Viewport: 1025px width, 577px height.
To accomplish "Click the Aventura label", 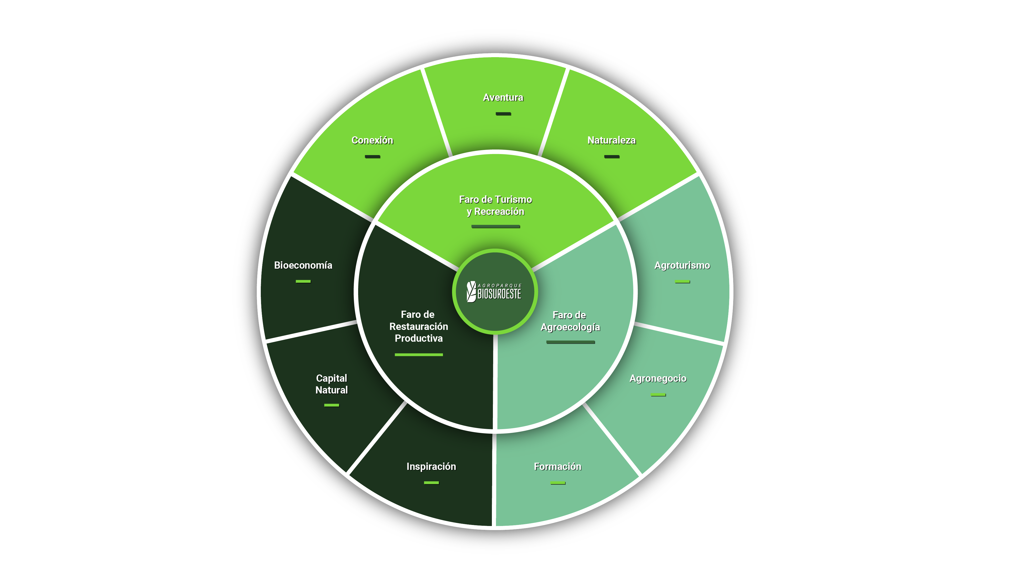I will point(503,98).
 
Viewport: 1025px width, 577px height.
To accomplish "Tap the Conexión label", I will point(372,140).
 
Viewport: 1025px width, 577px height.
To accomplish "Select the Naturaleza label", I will point(611,140).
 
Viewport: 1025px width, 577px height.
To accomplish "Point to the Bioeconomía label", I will point(303,265).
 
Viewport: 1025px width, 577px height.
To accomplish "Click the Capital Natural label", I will point(332,384).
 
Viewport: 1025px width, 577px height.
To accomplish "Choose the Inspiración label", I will point(431,466).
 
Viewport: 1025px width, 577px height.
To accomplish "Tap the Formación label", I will point(557,466).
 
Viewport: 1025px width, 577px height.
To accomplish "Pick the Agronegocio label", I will point(658,378).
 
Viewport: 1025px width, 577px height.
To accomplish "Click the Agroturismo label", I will point(682,265).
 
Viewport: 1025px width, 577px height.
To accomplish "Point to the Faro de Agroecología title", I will point(570,321).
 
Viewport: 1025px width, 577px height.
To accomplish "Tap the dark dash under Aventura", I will point(503,114).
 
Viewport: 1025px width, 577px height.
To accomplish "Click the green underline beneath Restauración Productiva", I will point(419,355).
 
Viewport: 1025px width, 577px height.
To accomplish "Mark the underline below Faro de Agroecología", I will point(570,342).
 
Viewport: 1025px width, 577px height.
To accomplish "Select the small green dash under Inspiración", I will point(431,483).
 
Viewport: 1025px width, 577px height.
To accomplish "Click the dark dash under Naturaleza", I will point(612,157).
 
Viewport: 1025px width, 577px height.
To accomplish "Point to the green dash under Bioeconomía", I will point(303,281).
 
